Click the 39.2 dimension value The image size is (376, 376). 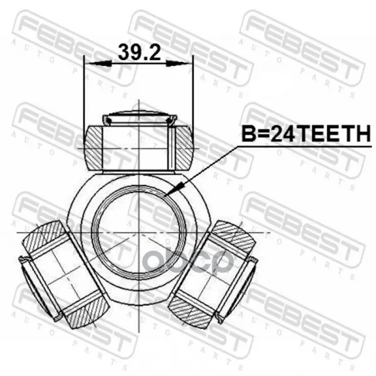[x=139, y=52]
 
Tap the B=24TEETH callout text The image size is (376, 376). [x=306, y=134]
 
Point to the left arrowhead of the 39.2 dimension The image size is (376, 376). [x=98, y=63]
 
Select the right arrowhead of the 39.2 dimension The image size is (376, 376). [x=179, y=63]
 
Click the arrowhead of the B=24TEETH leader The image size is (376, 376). [x=175, y=189]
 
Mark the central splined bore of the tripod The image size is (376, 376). [x=139, y=232]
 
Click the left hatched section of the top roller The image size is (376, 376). [x=93, y=148]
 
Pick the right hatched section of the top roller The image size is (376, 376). [x=184, y=148]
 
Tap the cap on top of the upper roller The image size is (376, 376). [x=140, y=118]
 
